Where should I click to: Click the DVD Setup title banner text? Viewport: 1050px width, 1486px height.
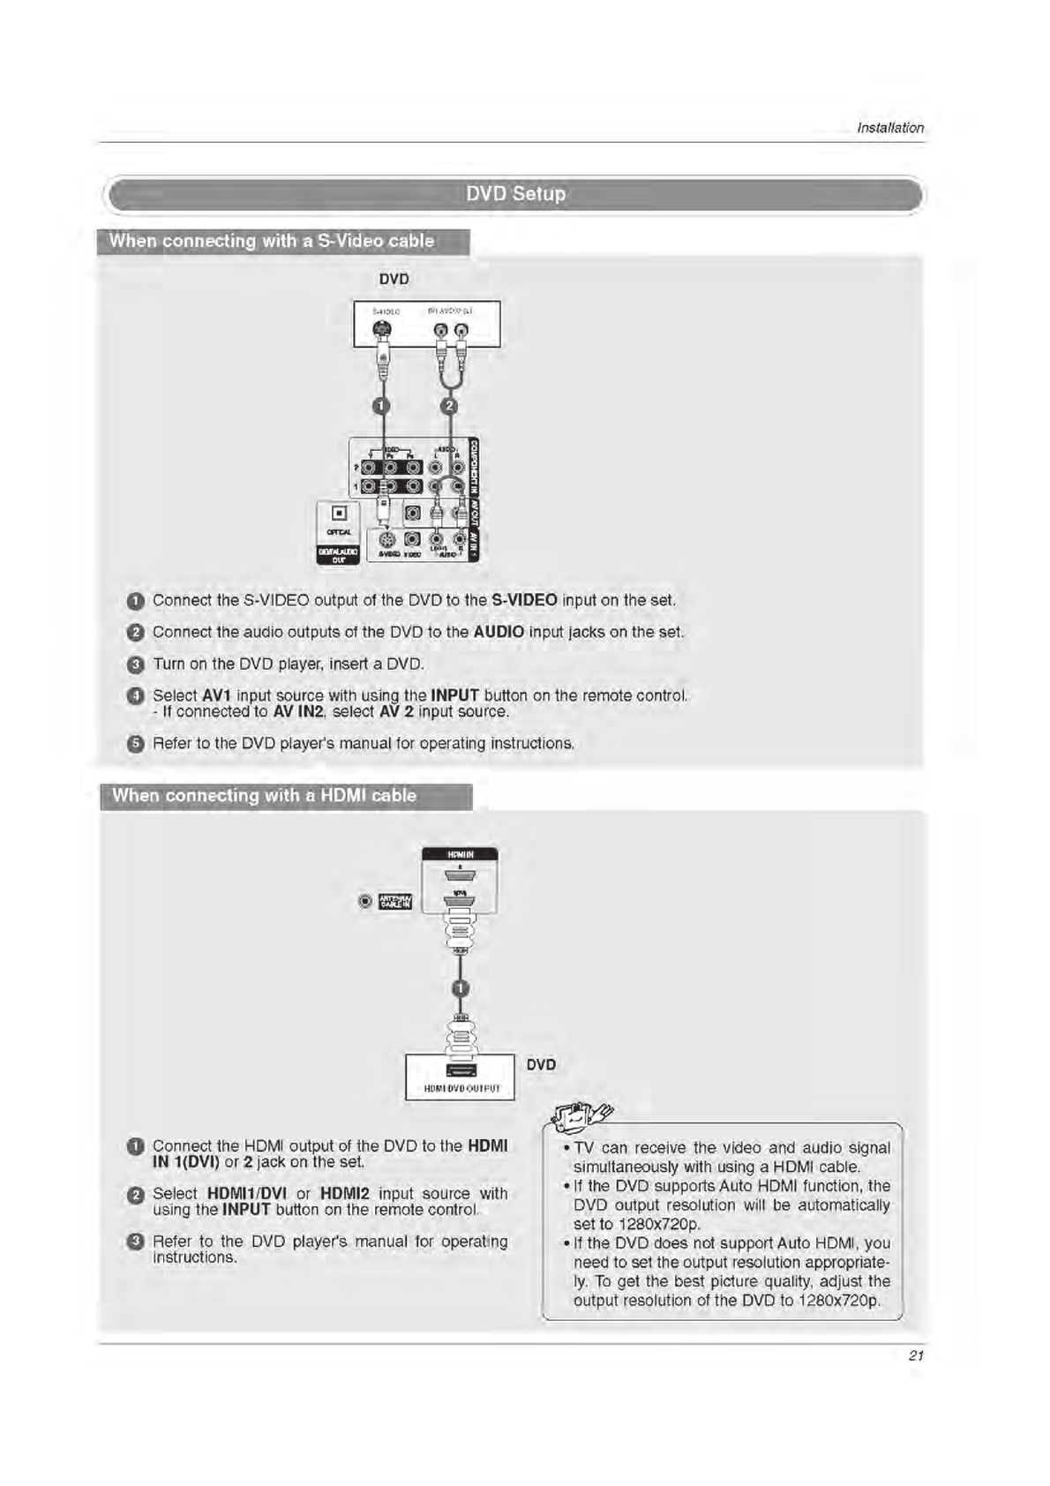click(515, 193)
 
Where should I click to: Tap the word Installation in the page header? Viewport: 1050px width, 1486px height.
click(890, 128)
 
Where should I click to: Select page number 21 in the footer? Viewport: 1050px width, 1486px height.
click(916, 1355)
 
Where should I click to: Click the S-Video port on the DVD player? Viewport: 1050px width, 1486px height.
click(380, 331)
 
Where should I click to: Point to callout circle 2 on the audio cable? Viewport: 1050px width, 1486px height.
click(449, 406)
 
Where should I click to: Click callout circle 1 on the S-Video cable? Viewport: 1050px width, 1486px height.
click(380, 406)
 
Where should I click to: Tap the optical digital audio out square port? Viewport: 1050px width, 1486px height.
click(339, 513)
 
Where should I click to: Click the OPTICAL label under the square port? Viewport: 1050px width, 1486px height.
click(339, 532)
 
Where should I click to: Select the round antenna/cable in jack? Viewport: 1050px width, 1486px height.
click(365, 901)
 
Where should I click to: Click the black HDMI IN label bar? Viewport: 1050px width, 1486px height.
click(460, 854)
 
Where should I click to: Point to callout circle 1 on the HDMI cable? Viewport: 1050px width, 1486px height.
click(460, 988)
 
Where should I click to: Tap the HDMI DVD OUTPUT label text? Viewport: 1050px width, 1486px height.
click(461, 1089)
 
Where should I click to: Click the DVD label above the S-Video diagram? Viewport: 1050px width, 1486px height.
click(394, 279)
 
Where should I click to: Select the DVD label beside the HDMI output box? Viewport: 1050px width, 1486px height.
click(541, 1064)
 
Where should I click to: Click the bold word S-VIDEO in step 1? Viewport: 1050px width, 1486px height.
click(524, 600)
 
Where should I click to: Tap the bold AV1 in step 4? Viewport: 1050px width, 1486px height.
click(216, 695)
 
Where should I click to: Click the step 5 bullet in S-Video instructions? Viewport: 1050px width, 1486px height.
click(135, 744)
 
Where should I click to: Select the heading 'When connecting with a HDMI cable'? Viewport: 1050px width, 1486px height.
click(264, 795)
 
